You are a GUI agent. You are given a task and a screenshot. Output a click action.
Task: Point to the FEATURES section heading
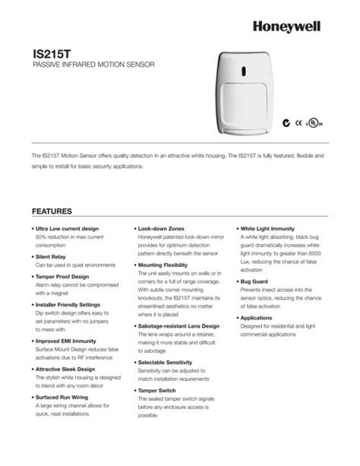coord(52,211)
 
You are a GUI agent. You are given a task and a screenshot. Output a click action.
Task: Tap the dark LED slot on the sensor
coord(243,71)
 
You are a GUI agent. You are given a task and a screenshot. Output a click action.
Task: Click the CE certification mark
coord(298,122)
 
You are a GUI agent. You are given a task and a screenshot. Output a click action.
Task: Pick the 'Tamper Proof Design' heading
coord(62,276)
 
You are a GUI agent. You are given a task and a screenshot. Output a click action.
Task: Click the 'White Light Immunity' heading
coord(267,229)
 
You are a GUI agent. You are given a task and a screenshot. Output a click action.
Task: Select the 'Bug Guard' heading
coord(254,282)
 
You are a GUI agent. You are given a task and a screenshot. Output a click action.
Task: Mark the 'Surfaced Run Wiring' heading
coord(62,397)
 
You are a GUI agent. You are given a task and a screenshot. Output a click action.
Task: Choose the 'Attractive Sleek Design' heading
coord(64,369)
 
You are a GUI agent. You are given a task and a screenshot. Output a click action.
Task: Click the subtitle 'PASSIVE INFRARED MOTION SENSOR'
coord(93,65)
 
